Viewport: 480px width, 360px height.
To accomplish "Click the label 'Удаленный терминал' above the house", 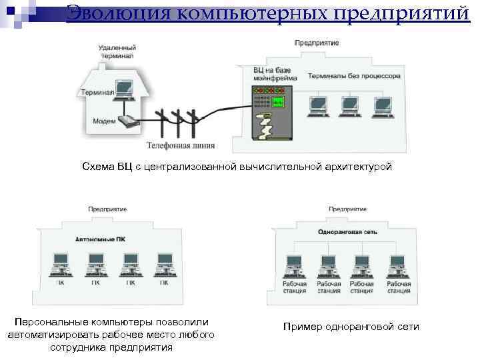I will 117,53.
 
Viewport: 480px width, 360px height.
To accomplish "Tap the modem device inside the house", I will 127,121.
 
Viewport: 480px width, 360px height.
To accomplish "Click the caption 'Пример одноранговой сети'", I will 351,326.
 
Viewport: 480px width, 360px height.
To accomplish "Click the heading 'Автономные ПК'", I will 100,239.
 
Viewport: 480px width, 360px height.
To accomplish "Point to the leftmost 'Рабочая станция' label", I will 295,287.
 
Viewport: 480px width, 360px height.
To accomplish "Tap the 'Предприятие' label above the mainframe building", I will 317,43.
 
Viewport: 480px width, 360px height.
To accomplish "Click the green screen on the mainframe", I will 277,101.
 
